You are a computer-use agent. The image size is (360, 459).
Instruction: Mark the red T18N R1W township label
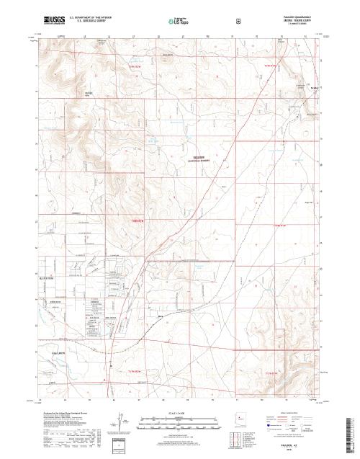tap(283, 226)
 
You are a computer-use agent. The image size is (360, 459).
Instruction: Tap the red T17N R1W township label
tap(271, 373)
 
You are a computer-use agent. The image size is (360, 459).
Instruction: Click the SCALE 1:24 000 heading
tap(179, 413)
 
